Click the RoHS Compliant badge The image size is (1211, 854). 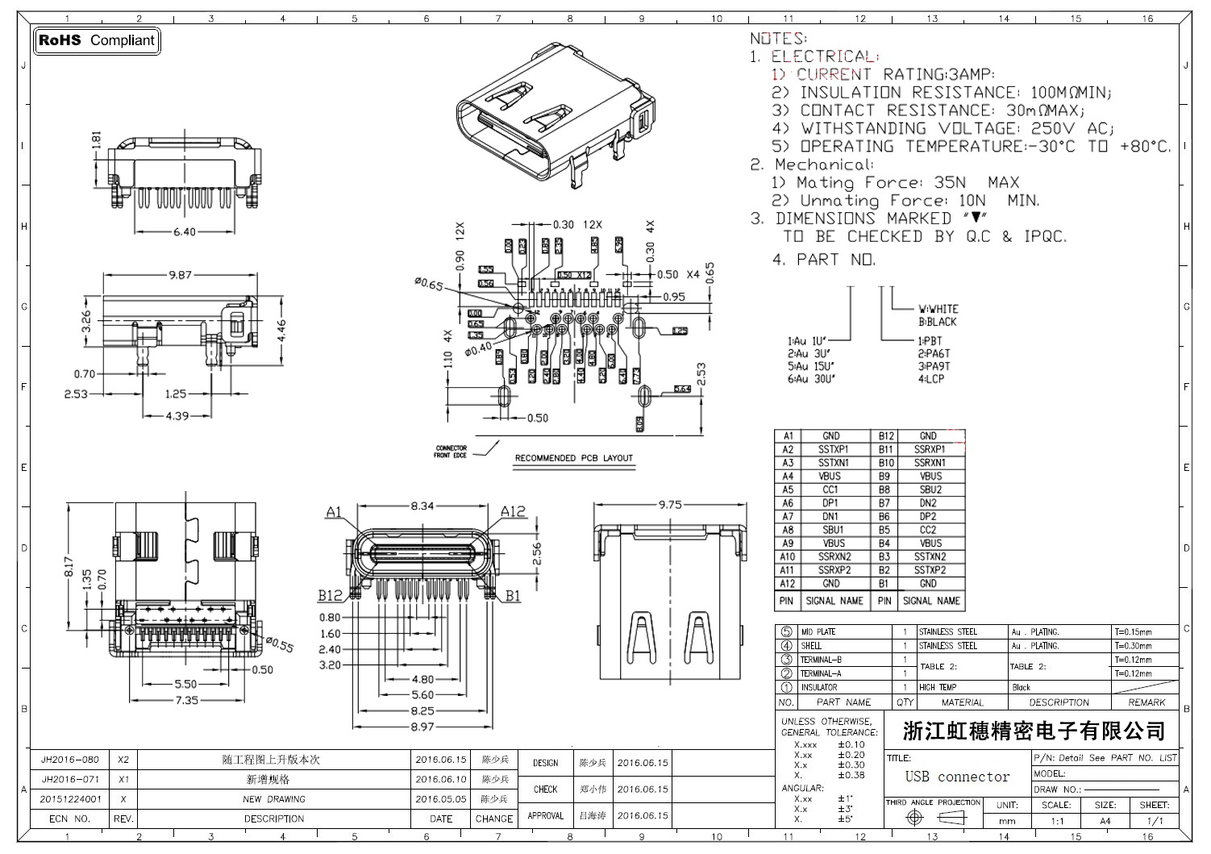[97, 40]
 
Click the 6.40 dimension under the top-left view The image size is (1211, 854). [184, 231]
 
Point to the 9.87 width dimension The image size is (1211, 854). [180, 275]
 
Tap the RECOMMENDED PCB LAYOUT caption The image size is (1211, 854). [574, 458]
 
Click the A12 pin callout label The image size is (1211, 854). [513, 511]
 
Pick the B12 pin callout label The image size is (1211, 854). [330, 595]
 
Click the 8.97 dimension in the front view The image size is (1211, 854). [422, 727]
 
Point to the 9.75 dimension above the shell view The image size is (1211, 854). [670, 505]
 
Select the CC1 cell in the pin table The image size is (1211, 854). [830, 489]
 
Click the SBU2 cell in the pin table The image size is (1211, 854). [930, 489]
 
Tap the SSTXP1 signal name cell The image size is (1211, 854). [833, 449]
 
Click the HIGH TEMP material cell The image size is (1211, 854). [938, 688]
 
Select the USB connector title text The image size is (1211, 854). [957, 777]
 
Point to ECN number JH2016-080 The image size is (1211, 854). [70, 760]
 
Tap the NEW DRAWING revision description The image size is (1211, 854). [274, 799]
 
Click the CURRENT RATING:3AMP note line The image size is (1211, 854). [895, 74]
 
